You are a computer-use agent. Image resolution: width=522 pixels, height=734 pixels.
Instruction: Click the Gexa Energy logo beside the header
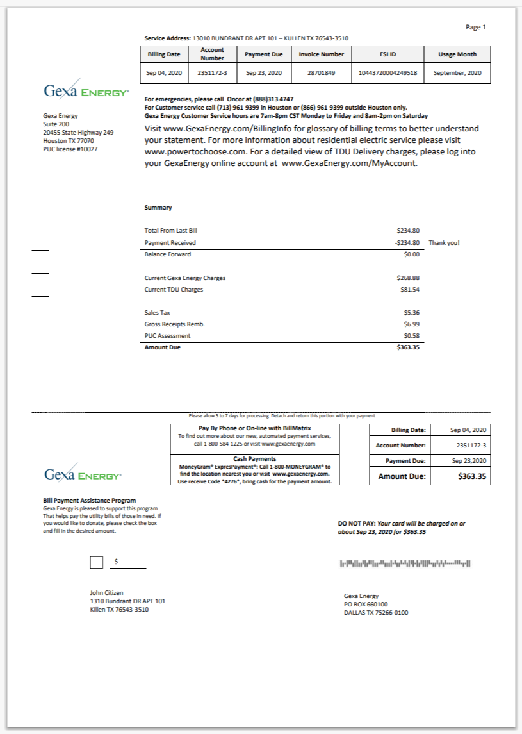click(86, 92)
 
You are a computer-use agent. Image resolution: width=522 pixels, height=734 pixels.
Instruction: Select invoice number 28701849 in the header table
click(321, 73)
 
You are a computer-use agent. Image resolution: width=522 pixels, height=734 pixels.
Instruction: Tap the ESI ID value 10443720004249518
click(388, 73)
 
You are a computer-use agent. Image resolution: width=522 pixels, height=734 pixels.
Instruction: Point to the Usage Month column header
click(457, 54)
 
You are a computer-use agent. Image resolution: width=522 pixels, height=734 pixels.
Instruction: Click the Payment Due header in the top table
click(264, 54)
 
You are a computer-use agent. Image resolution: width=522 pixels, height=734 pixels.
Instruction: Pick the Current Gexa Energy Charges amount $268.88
click(408, 278)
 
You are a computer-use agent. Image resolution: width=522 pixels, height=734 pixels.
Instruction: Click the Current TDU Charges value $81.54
click(409, 290)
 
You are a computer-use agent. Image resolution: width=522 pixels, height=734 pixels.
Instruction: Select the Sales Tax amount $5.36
click(411, 313)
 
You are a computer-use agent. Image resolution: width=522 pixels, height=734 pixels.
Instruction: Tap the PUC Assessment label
click(167, 336)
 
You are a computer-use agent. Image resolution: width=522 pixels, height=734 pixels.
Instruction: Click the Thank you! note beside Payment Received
click(444, 243)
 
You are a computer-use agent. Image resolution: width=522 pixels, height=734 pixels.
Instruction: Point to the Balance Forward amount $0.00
click(411, 254)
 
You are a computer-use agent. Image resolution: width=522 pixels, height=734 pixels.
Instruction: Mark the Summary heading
click(158, 208)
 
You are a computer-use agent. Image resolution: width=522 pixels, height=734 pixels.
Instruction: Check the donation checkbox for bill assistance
click(96, 562)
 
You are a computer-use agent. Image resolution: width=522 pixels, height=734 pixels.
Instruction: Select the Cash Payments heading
click(254, 459)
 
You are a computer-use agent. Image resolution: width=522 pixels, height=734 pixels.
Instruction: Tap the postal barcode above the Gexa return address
click(405, 563)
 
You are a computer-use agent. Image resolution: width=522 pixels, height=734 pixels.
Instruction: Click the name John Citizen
click(106, 593)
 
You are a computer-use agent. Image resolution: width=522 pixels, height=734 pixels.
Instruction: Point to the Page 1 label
click(476, 27)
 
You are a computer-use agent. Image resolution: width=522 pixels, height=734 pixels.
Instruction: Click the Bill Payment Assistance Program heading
click(89, 501)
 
